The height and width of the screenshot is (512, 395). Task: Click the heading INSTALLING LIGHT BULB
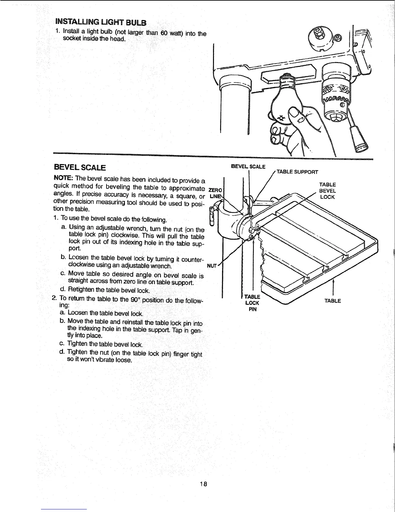[101, 22]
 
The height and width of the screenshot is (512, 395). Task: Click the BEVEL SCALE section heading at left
[80, 168]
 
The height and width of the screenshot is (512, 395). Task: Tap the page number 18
[203, 484]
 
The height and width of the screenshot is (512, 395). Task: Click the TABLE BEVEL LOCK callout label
[327, 191]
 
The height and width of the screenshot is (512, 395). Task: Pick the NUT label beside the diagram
[211, 266]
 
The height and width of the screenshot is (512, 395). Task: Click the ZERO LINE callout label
[214, 193]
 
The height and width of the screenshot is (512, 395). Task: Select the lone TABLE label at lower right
[333, 301]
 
